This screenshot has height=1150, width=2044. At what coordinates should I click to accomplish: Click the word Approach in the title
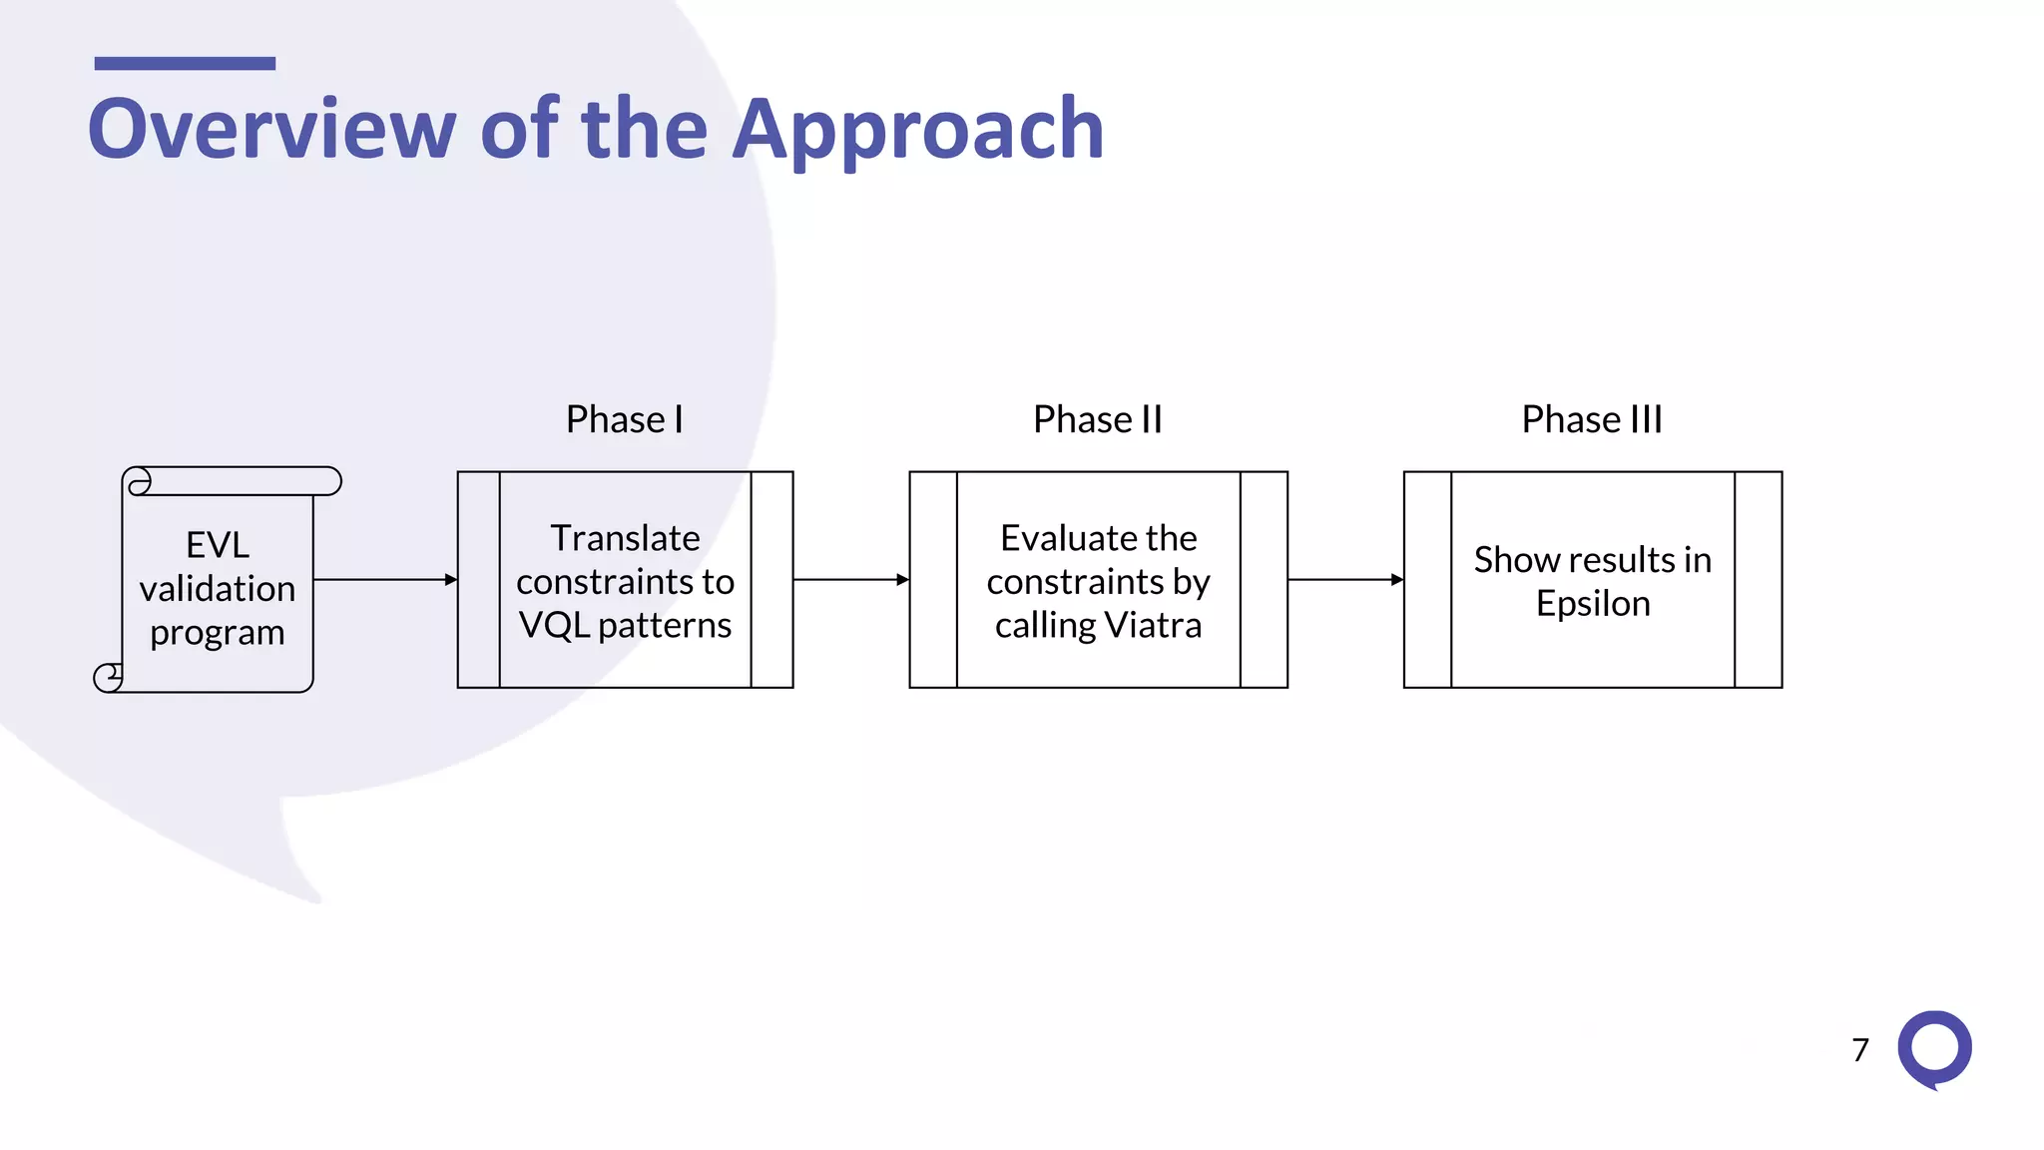coord(917,130)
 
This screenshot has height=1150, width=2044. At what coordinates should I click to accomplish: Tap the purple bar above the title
coord(185,64)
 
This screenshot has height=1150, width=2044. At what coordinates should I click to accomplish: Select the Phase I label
coord(625,419)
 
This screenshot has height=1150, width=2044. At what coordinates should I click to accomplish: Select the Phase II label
coord(1098,419)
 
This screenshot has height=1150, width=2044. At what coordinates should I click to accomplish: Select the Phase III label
coord(1592,419)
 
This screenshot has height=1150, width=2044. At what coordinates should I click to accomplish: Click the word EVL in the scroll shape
coord(218,545)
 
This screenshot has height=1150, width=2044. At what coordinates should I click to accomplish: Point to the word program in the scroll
coord(218,633)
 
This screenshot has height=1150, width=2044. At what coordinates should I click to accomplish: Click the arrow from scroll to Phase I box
coord(384,579)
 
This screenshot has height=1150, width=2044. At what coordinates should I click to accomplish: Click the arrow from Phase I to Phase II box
coord(850,579)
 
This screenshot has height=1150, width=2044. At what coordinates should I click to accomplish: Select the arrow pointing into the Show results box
coord(1345,579)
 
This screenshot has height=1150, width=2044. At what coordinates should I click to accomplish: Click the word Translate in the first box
coord(626,538)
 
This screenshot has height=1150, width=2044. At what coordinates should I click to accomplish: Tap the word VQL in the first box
coord(554,625)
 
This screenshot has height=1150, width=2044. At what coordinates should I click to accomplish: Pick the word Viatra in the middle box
coord(1153,625)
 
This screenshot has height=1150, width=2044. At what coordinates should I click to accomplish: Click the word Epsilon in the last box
coord(1593,604)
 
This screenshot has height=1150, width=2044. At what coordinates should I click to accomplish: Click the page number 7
coord(1860,1050)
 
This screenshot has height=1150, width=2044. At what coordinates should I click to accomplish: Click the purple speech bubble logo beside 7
coord(1934,1048)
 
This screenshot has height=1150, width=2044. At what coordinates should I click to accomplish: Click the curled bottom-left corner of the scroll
coord(108,678)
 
